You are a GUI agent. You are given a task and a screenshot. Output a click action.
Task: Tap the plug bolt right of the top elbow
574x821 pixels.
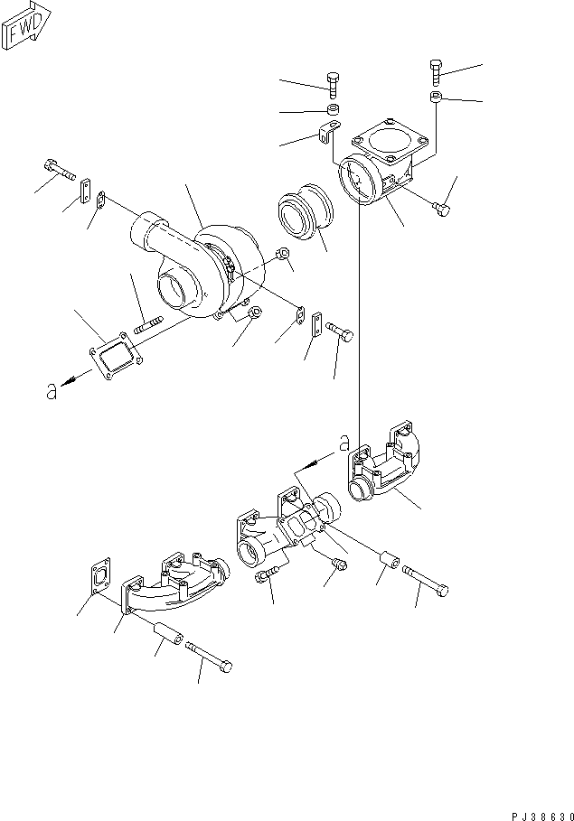440,210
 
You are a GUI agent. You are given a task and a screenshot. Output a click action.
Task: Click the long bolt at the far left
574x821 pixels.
55,168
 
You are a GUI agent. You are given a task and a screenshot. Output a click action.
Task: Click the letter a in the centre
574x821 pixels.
343,442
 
